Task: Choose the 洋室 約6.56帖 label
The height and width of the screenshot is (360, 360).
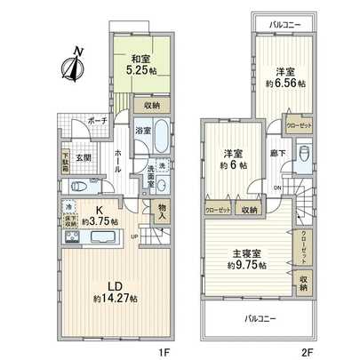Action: [285, 76]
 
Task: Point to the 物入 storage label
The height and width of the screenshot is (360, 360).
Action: [162, 210]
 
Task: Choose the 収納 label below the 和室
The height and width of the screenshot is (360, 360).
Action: [148, 104]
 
